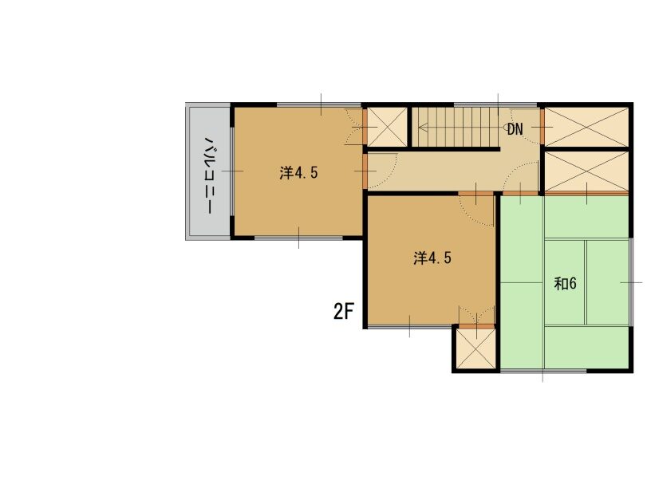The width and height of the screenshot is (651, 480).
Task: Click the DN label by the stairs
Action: point(515,129)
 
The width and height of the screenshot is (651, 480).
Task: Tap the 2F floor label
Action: point(343,311)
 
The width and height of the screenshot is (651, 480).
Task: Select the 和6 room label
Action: point(566,284)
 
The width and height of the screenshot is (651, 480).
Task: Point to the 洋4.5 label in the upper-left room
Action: point(298,172)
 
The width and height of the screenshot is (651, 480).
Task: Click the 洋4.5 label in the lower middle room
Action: point(432,258)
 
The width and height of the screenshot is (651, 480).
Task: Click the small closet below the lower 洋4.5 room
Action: point(476,349)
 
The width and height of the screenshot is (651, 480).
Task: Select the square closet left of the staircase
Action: point(387,127)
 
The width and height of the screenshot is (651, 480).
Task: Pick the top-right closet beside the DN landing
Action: point(586,127)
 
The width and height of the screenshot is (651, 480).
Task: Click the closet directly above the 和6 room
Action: point(586,171)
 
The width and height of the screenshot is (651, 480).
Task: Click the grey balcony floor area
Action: point(210,171)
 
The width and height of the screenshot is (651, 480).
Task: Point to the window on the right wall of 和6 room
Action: point(631,282)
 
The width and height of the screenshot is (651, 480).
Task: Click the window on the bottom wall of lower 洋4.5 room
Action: point(409,327)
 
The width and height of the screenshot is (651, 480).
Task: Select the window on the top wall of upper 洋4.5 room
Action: point(319,104)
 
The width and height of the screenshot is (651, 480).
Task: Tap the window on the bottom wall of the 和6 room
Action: point(543,371)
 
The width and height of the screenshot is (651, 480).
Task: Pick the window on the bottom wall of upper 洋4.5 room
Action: point(298,238)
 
